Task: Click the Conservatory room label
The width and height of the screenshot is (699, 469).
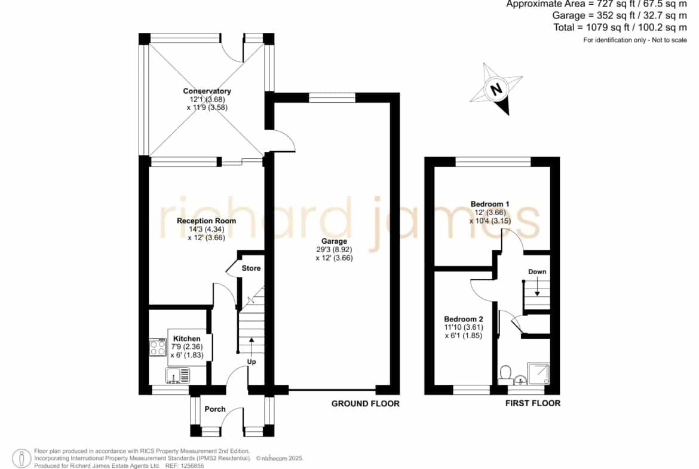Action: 207,91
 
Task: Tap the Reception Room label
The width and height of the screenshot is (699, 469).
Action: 206,220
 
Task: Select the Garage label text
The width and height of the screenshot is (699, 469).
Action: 334,241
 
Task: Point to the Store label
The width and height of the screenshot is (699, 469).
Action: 251,268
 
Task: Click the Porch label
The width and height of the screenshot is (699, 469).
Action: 215,409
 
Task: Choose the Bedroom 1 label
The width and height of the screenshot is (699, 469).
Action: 490,204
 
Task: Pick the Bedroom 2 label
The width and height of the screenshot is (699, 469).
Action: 464,319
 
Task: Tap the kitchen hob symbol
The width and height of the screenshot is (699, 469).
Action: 158,348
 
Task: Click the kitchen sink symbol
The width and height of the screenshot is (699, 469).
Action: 178,375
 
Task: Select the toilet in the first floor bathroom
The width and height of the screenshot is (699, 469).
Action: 505,375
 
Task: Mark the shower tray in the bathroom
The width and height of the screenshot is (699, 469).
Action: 538,373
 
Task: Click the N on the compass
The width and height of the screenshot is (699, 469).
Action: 496,88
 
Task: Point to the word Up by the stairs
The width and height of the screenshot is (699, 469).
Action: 252,361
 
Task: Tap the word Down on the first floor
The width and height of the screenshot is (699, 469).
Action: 537,271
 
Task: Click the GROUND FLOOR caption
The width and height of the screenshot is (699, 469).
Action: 366,403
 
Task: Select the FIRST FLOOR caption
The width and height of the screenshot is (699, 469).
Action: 533,403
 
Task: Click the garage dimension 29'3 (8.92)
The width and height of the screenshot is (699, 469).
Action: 334,250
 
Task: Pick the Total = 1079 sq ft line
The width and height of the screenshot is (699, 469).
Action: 620,27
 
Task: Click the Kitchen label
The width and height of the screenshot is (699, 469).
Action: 187,339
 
